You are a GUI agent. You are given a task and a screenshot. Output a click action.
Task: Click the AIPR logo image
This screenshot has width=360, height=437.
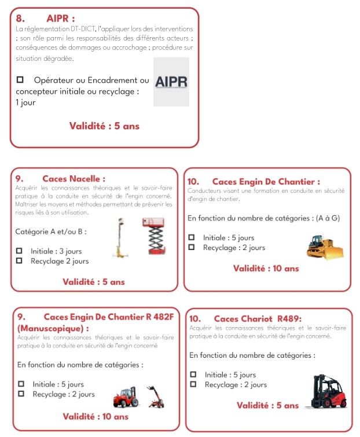171,82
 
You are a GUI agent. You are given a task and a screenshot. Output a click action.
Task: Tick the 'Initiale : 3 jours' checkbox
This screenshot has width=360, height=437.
19,251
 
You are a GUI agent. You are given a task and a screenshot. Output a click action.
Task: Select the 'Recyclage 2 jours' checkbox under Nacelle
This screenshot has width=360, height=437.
19,261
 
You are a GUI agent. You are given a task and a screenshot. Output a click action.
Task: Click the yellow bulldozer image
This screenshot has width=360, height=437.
325,247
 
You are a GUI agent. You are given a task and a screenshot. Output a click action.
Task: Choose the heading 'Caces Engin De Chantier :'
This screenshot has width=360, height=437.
266,182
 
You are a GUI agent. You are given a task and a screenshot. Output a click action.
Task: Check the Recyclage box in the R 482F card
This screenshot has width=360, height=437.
21,394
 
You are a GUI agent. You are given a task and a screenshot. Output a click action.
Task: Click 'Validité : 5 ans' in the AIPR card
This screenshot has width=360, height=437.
104,126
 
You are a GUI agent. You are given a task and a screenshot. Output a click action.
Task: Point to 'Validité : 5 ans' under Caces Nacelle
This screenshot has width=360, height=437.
93,282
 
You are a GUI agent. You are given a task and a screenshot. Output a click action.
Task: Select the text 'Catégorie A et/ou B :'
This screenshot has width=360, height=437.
51,232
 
